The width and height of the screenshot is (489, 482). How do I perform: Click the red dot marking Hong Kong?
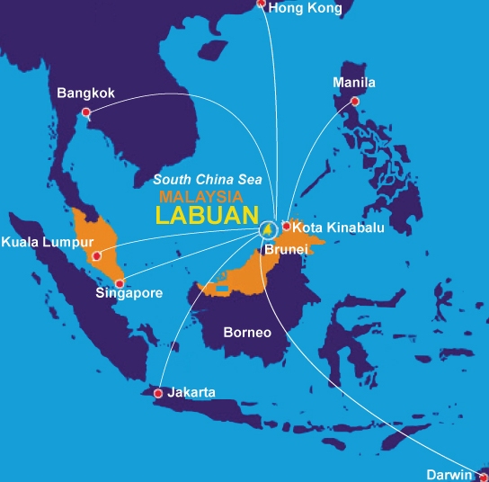point(262,4)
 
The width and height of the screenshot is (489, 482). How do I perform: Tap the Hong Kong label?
point(306,8)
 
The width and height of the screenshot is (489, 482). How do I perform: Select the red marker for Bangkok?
point(86,112)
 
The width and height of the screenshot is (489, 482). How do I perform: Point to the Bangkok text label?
point(85,93)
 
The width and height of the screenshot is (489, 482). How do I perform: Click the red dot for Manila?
point(355,102)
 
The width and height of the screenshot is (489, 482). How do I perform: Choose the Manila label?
point(353,83)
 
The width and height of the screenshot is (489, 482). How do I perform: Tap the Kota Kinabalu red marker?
point(287,226)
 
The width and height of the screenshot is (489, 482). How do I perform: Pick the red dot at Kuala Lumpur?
point(97,255)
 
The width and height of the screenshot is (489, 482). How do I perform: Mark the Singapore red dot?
point(120,283)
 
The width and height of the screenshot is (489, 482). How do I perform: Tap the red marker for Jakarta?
point(158,393)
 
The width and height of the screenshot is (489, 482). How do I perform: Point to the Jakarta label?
point(192,392)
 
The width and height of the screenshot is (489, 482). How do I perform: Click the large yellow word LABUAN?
point(205,216)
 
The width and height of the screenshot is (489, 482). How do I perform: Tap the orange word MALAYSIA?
point(200,196)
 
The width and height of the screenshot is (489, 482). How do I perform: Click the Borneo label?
point(247,332)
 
